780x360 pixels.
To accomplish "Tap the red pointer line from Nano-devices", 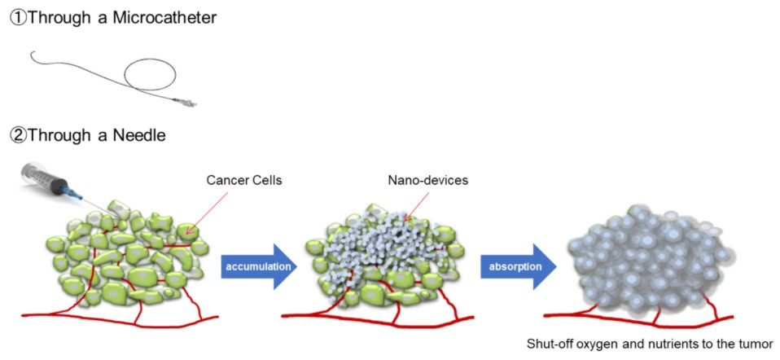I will point(415,201).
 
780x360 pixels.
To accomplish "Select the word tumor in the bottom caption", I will point(754,343).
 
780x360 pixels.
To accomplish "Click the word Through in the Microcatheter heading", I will point(59,17).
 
